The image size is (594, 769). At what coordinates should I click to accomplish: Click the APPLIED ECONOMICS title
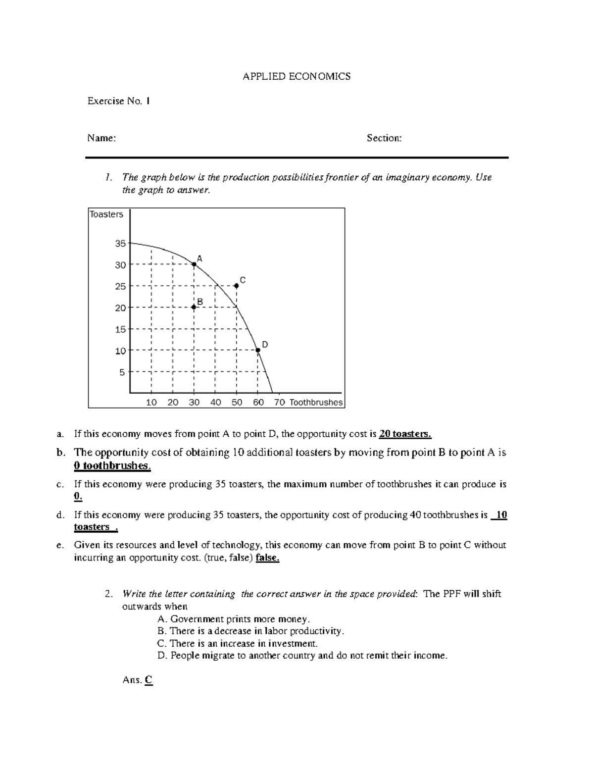(296, 76)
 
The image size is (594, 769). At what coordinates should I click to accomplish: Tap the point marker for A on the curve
(194, 264)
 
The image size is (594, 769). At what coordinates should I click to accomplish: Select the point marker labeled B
(194, 307)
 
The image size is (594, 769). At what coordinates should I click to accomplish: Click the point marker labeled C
(237, 286)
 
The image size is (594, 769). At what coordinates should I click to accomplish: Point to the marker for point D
(258, 350)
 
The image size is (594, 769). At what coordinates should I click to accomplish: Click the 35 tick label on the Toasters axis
(120, 244)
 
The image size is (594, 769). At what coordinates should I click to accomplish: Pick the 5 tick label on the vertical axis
(122, 372)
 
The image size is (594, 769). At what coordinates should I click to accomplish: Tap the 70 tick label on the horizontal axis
(279, 403)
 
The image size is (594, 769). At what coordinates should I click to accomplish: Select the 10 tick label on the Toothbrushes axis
(151, 403)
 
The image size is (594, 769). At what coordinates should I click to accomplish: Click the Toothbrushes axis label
(316, 403)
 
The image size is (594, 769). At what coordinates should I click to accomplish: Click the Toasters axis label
(106, 214)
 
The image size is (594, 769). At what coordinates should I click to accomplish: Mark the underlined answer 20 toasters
(405, 434)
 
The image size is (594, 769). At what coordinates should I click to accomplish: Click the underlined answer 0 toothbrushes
(112, 466)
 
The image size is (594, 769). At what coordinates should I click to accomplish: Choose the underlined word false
(267, 558)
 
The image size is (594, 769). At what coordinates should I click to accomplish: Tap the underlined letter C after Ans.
(148, 680)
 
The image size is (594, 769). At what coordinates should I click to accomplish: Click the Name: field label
(101, 138)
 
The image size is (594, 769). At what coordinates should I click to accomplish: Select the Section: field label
(384, 138)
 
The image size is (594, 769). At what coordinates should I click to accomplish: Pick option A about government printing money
(234, 619)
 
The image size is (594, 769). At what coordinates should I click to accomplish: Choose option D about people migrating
(302, 656)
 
